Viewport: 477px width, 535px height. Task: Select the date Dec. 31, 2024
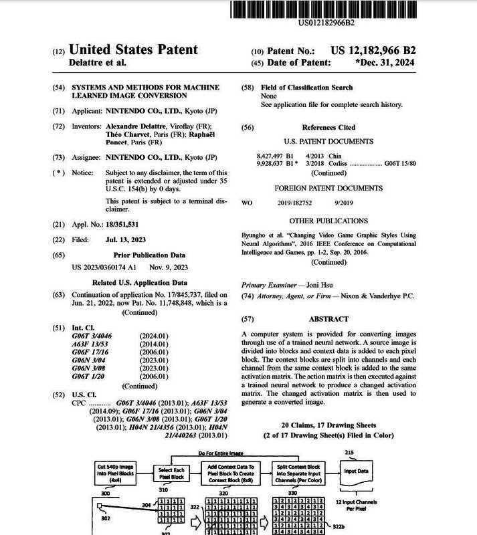pyautogui.click(x=385, y=62)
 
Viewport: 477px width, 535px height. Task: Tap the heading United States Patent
pyautogui.click(x=133, y=49)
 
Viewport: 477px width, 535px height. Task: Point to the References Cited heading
pyautogui.click(x=328, y=127)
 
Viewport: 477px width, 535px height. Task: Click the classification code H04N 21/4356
pyautogui.click(x=161, y=427)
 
